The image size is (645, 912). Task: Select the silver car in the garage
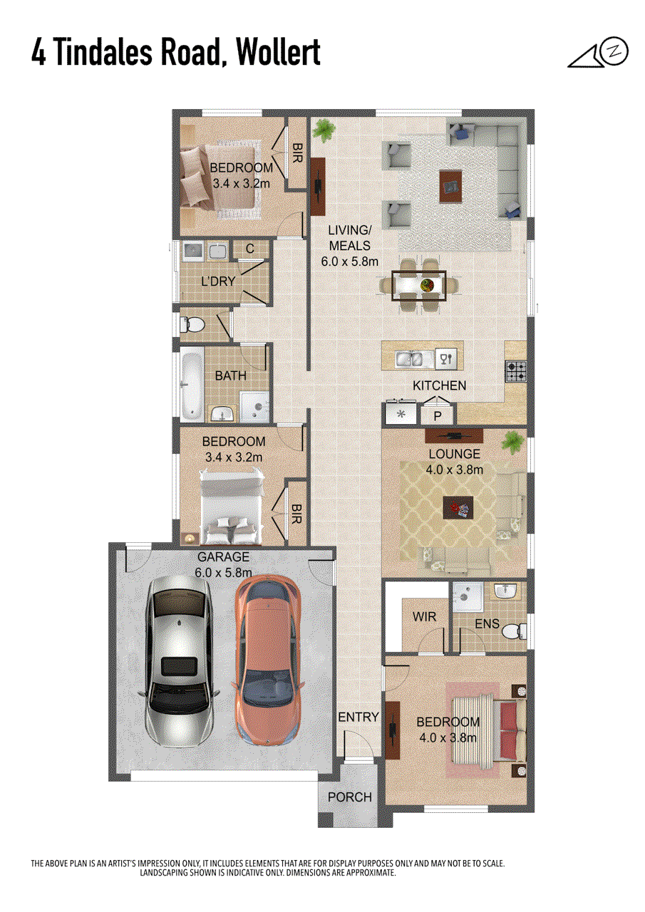coord(179,661)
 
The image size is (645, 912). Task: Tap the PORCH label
coord(350,797)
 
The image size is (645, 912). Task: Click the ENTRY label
coord(358,717)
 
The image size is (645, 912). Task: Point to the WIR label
coord(424,616)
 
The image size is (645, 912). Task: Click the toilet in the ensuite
coord(514,631)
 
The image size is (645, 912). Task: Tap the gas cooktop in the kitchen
coord(515,371)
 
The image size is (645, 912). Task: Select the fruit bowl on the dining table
coord(428,284)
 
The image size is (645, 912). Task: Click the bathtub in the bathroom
coord(192,383)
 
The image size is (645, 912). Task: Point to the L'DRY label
coord(218,281)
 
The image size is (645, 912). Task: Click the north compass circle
coord(615,51)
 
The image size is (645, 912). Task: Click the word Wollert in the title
coord(279,52)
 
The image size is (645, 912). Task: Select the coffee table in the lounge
coord(458,507)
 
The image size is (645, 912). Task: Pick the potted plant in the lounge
coord(512,442)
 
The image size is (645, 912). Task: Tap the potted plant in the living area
coord(324,130)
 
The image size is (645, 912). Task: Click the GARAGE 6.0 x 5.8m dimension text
coord(223,564)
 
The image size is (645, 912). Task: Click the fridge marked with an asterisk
coord(401,414)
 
